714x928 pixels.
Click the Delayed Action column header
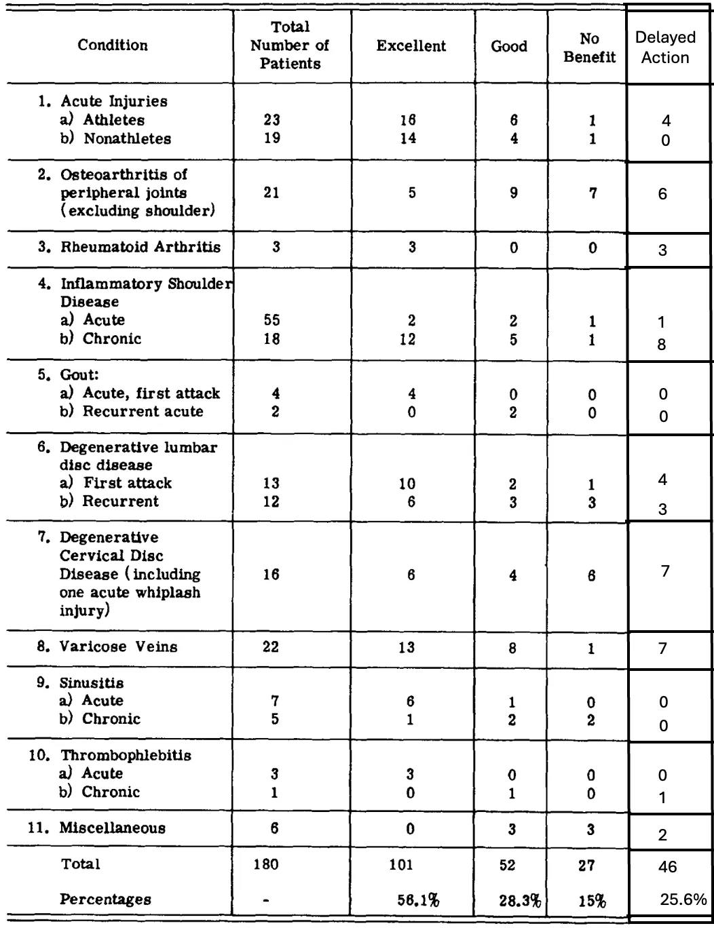click(665, 47)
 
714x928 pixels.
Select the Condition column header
click(113, 45)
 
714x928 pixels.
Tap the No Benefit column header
click(589, 47)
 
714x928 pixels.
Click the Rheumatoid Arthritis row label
click(140, 247)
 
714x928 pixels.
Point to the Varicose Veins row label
click(118, 646)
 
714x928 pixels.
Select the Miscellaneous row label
click(112, 828)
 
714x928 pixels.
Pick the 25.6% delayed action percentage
click(683, 900)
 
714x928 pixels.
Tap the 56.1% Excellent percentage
click(418, 900)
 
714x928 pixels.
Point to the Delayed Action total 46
click(667, 867)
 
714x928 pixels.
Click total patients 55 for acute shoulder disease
click(271, 320)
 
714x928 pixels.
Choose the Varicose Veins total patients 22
click(271, 646)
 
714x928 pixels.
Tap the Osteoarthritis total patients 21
click(271, 193)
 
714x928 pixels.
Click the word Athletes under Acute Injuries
click(114, 120)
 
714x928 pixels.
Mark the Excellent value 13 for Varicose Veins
click(407, 647)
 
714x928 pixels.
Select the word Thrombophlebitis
click(126, 755)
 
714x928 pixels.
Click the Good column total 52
click(507, 865)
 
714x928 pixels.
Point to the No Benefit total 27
click(587, 865)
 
